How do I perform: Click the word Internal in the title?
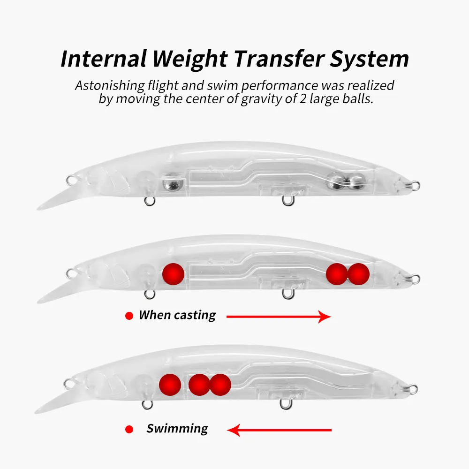(x=104, y=58)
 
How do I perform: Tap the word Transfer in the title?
(x=280, y=58)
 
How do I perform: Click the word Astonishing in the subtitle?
(x=110, y=86)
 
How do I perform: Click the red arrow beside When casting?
(x=279, y=317)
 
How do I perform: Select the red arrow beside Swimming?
(x=280, y=430)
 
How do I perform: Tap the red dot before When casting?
(x=129, y=316)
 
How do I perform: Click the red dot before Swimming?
(x=129, y=430)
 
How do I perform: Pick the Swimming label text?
(x=177, y=429)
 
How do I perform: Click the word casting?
(x=195, y=316)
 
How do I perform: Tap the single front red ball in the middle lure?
(x=173, y=274)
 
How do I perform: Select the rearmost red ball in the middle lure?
(x=359, y=274)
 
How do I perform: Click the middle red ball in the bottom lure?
(x=199, y=385)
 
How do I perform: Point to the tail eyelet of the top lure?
(x=415, y=186)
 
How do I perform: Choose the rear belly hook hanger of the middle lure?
(x=288, y=295)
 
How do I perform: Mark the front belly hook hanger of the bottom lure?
(x=147, y=405)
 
